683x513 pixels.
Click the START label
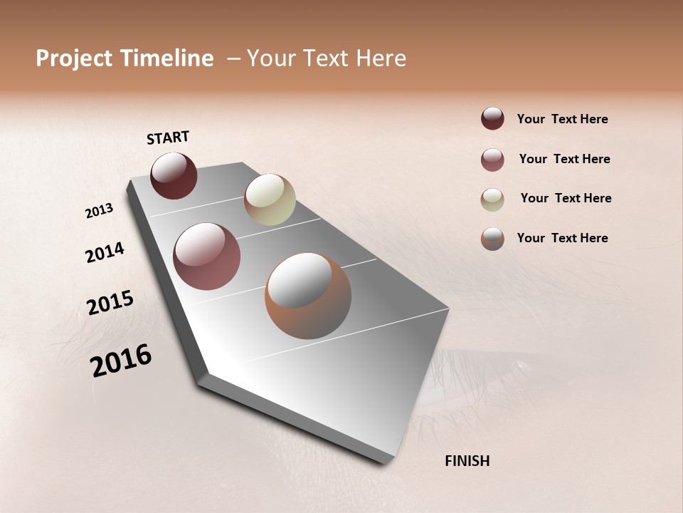coord(168,138)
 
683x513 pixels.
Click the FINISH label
coord(467,461)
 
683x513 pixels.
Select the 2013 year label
coord(99,211)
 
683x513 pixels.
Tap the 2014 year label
coord(105,252)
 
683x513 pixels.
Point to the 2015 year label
coord(110,303)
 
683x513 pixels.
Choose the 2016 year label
coord(121,361)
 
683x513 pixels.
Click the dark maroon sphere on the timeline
coord(174,175)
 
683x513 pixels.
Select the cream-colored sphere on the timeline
coord(270,199)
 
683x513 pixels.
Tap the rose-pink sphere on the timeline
coord(207,256)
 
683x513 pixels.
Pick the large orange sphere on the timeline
coord(308,296)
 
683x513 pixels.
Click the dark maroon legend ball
coord(492,118)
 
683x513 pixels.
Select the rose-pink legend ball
coord(492,160)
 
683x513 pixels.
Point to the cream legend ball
coord(492,199)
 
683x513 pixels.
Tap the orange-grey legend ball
coord(492,239)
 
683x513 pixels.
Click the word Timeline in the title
coord(167,58)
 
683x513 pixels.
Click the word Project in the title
coord(74,58)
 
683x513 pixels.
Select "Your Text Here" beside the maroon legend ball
coord(562,119)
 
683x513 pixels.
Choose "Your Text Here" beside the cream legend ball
coord(566,198)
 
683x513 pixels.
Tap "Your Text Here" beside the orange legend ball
coord(562,238)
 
